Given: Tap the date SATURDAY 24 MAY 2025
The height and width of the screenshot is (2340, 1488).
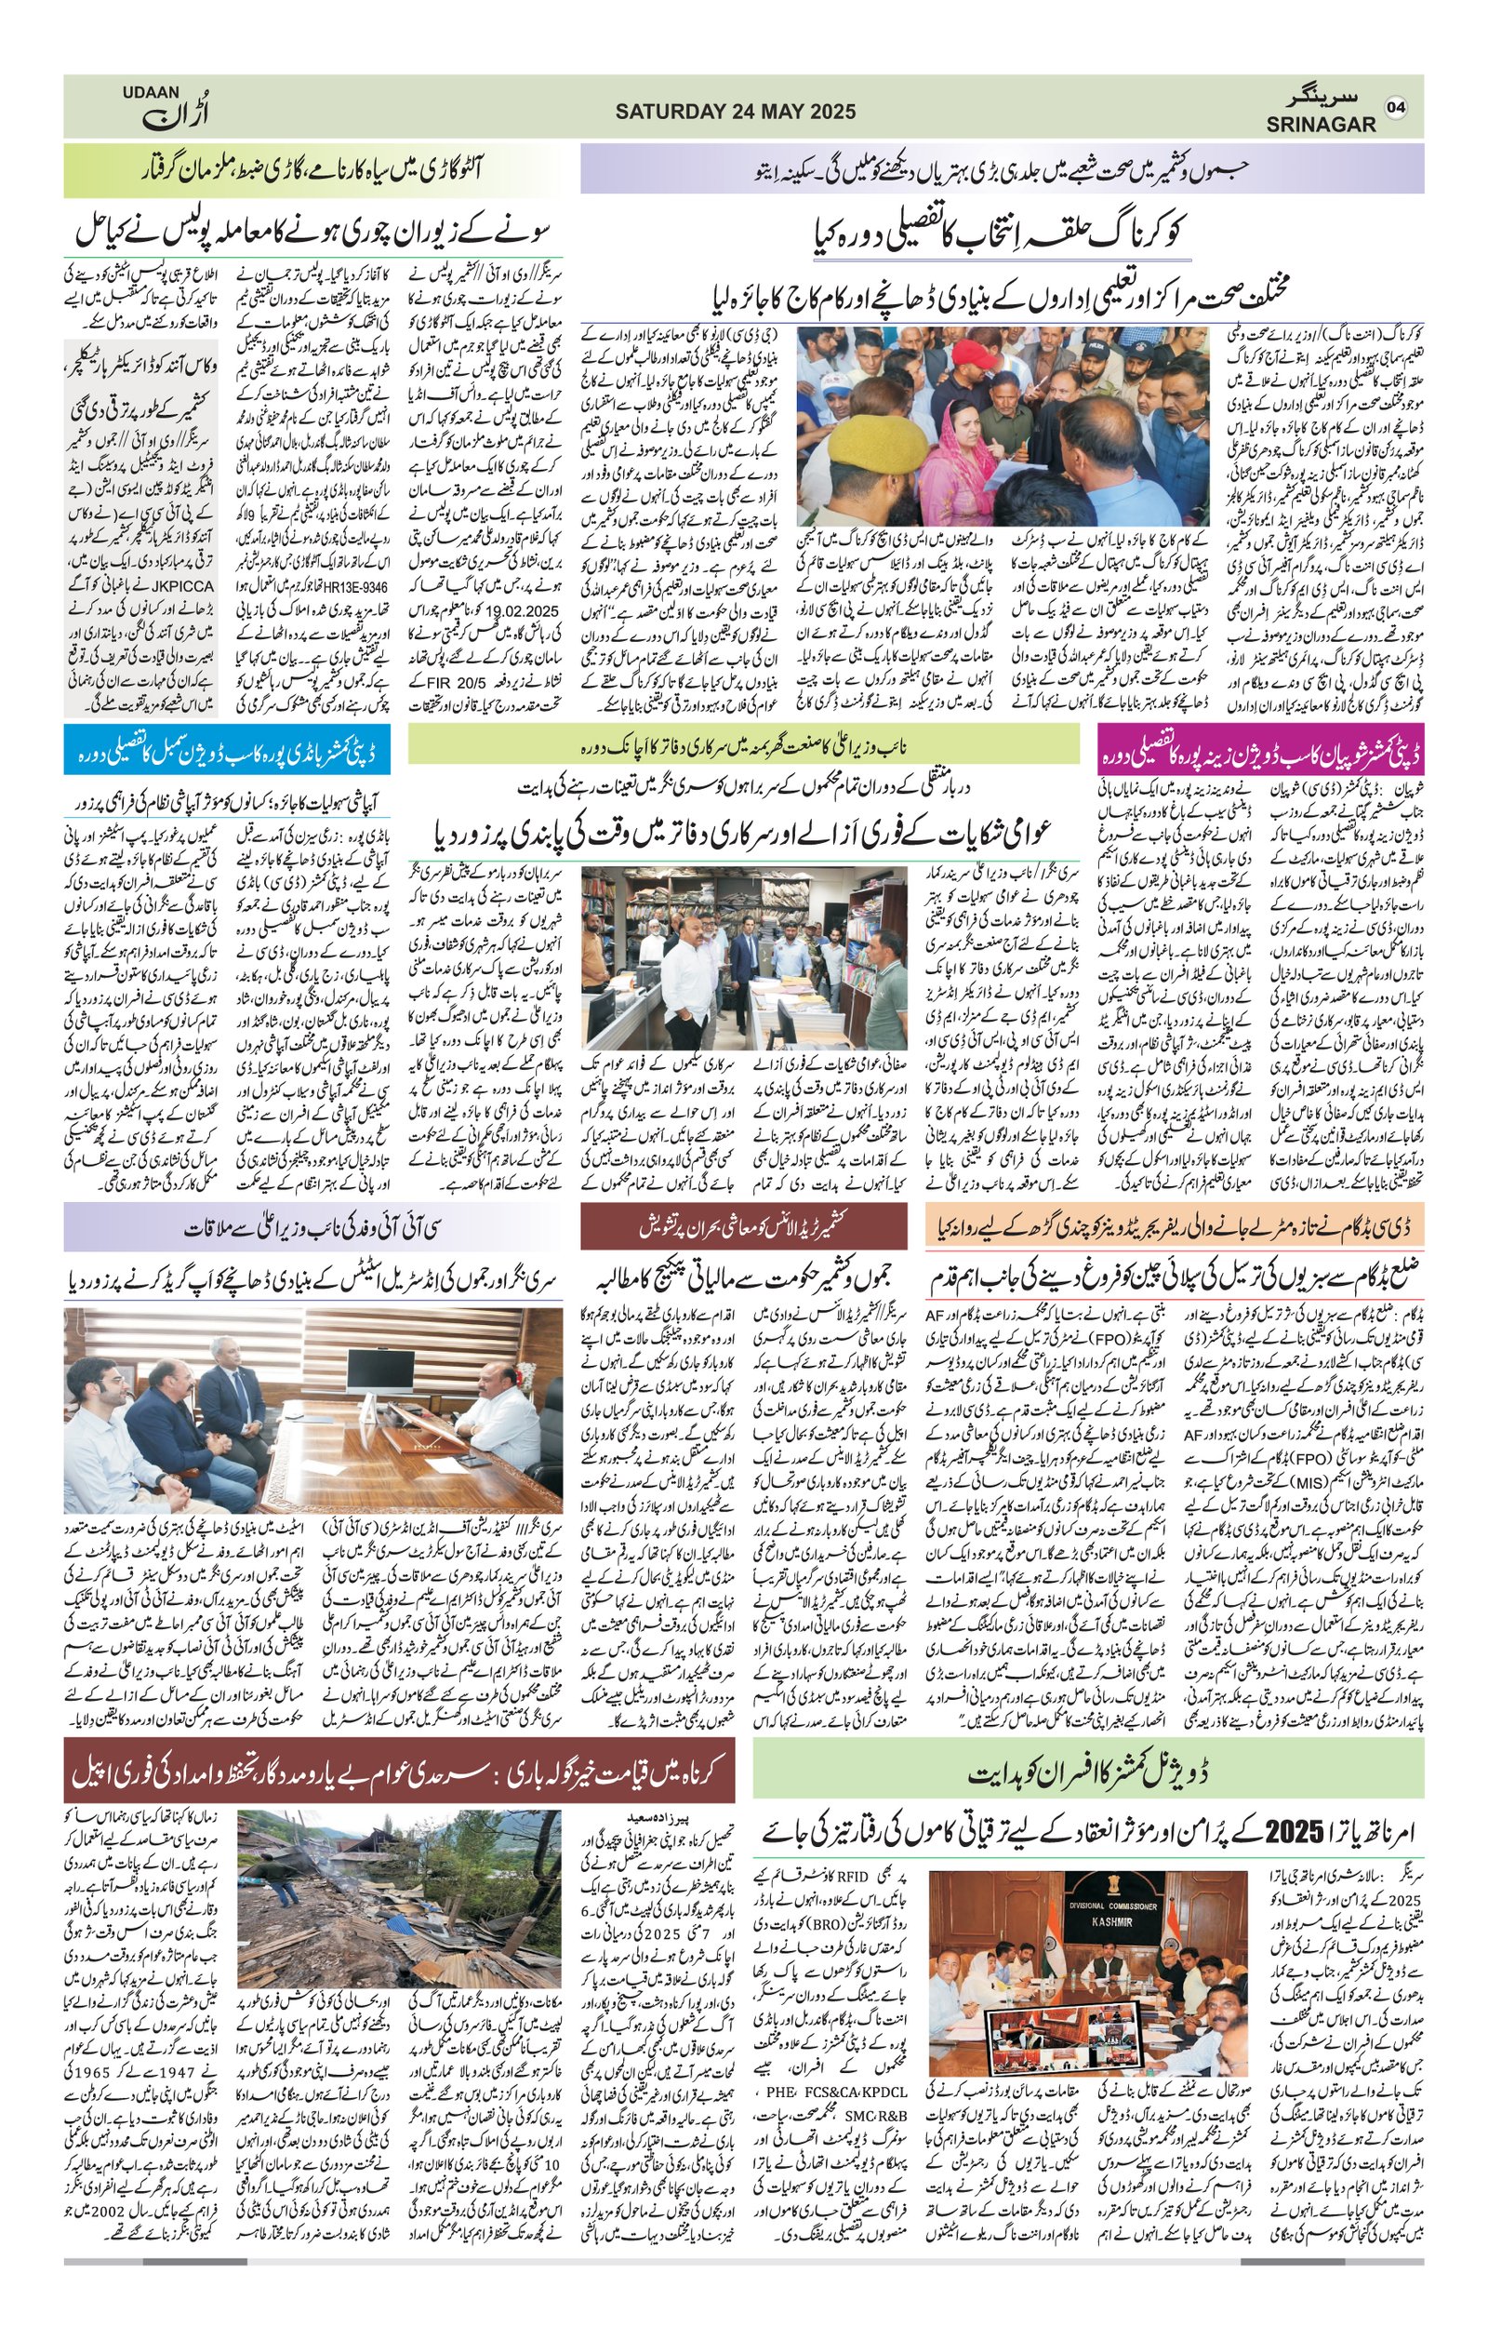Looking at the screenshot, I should point(736,112).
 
